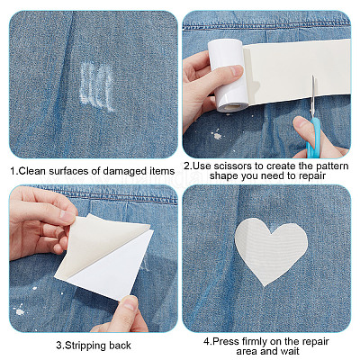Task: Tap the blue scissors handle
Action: [314, 138]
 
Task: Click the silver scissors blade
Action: [313, 96]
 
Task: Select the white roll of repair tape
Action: [228, 75]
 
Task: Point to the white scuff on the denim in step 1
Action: [97, 86]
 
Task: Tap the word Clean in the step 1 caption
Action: [32, 171]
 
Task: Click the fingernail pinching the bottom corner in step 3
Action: [130, 303]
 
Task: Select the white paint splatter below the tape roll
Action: [217, 135]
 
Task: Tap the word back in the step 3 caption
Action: [120, 346]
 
